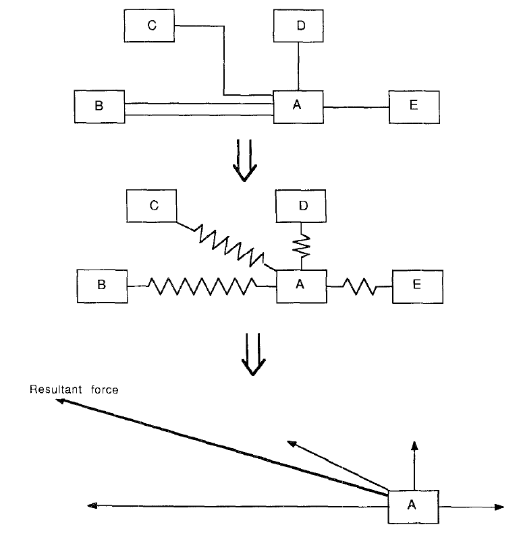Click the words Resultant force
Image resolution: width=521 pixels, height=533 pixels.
[x=74, y=389]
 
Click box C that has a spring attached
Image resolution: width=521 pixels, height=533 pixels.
[x=153, y=206]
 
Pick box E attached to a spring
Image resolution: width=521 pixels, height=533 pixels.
[x=416, y=285]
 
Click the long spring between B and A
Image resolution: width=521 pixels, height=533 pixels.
[x=202, y=286]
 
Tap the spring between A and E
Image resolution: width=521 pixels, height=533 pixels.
[x=359, y=286]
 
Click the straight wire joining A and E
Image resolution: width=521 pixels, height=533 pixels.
[x=356, y=107]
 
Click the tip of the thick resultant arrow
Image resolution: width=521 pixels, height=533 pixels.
[x=59, y=400]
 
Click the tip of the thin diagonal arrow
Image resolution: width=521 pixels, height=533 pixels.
[x=291, y=442]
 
